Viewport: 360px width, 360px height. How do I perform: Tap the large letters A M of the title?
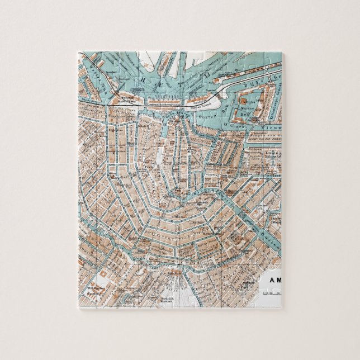tap(272, 282)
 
